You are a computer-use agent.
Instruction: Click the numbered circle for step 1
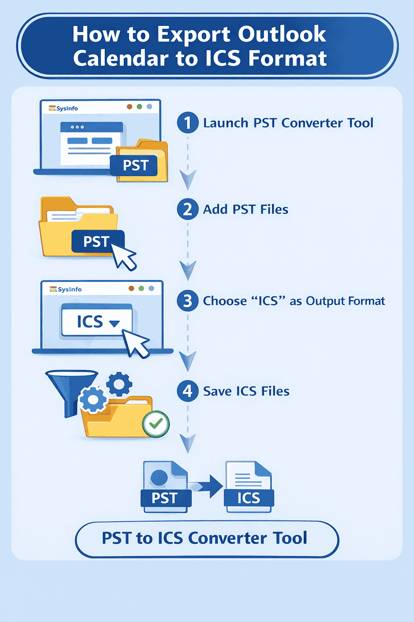188,122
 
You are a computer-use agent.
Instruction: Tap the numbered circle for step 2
188,209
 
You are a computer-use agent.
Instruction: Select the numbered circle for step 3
188,301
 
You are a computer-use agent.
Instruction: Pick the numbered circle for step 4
188,391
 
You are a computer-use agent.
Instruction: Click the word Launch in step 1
226,123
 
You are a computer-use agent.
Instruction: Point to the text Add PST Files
245,209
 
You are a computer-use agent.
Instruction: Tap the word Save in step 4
217,391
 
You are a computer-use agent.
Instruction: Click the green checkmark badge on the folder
156,424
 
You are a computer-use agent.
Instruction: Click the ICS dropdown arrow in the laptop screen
114,323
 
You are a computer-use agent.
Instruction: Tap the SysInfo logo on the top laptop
63,108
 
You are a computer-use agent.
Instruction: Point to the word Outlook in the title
282,34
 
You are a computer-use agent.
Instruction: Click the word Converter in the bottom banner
227,538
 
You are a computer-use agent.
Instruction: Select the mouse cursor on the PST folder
124,256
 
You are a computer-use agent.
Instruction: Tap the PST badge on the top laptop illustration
135,166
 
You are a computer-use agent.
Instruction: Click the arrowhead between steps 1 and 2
188,179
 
